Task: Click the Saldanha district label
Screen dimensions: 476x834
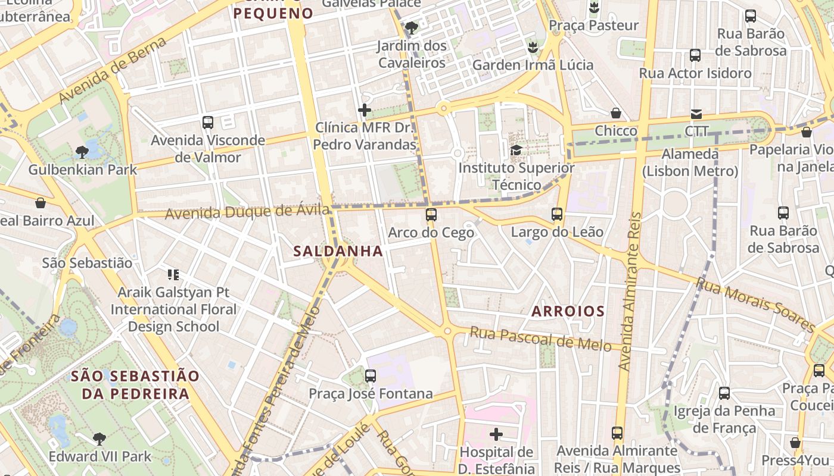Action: [x=338, y=252]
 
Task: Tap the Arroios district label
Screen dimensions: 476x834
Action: [x=568, y=311]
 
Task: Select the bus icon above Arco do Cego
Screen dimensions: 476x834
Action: [x=431, y=215]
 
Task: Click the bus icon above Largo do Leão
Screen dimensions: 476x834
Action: [x=557, y=214]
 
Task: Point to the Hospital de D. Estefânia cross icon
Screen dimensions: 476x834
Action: [x=496, y=434]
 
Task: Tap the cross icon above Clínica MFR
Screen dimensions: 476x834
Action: [x=365, y=110]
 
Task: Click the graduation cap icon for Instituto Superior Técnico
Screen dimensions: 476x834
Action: [x=516, y=150]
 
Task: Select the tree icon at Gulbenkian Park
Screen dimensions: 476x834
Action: [x=82, y=152]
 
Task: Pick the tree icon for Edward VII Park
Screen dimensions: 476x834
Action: [x=99, y=440]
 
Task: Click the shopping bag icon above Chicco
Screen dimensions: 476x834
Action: [x=616, y=113]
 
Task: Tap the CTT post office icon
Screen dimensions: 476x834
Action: [x=696, y=114]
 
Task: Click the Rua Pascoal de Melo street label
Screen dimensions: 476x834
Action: [x=540, y=339]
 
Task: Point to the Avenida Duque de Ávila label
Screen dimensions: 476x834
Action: [x=247, y=212]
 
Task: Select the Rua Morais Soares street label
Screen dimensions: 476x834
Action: [x=755, y=305]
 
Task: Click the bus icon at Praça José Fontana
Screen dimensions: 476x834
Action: [x=371, y=376]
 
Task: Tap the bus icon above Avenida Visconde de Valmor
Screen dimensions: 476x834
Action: [x=208, y=123]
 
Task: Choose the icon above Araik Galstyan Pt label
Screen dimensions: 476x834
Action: [x=173, y=275]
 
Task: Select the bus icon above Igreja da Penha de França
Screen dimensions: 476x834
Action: [x=724, y=393]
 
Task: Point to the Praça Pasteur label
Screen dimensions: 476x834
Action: [x=593, y=26]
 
